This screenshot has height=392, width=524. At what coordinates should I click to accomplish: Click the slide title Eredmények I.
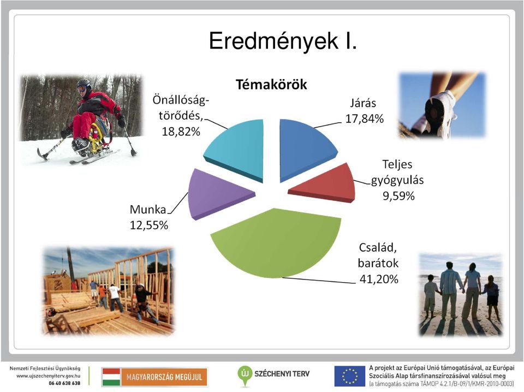click(283, 41)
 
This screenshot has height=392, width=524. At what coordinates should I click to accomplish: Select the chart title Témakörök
click(271, 85)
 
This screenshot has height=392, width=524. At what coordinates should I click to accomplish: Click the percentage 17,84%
click(364, 118)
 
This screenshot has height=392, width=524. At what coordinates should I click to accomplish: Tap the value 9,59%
click(398, 196)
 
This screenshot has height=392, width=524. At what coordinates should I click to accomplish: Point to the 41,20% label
click(379, 278)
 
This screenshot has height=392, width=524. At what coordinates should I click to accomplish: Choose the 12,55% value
click(148, 225)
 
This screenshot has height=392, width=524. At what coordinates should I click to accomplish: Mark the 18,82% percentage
click(181, 132)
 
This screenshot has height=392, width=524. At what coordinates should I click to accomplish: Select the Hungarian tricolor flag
click(111, 377)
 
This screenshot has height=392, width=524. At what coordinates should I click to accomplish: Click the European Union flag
click(349, 376)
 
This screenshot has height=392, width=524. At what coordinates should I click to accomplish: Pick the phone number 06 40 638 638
click(64, 383)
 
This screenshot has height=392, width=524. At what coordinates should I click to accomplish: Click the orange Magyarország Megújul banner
click(164, 377)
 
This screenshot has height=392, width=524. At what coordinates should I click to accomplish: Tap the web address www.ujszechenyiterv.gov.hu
click(48, 376)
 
